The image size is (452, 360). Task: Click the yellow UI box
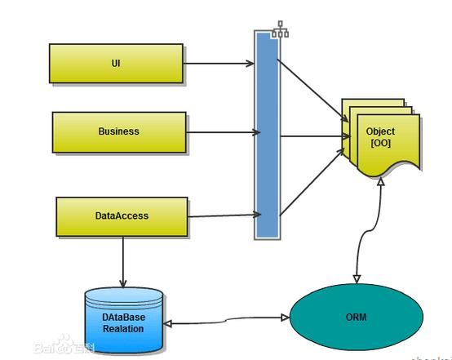coord(115,63)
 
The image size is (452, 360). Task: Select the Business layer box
coord(119,131)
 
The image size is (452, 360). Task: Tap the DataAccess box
coord(122,216)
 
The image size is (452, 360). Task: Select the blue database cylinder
coord(123,321)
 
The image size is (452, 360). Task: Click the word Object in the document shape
coord(380,131)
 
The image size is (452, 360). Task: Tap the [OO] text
coord(380,143)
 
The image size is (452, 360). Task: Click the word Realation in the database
coord(123,328)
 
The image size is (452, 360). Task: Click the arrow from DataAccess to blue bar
coord(224,216)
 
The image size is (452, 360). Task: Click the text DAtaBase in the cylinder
coord(123,317)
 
